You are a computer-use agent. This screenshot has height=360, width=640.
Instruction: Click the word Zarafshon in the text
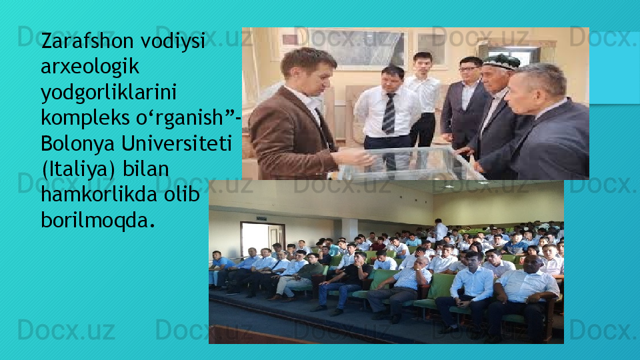point(87,41)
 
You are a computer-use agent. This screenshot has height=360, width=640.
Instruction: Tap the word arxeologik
point(90,67)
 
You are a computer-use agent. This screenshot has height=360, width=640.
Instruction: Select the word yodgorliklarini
point(109,93)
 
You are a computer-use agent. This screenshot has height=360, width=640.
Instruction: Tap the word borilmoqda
point(98,221)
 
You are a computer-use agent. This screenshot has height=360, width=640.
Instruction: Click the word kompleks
point(85,119)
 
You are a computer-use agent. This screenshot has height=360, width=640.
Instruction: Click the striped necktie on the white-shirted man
point(389,113)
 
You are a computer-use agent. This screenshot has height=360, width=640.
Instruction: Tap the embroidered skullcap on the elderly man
point(501,61)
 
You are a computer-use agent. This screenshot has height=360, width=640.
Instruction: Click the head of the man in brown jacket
point(309,71)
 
